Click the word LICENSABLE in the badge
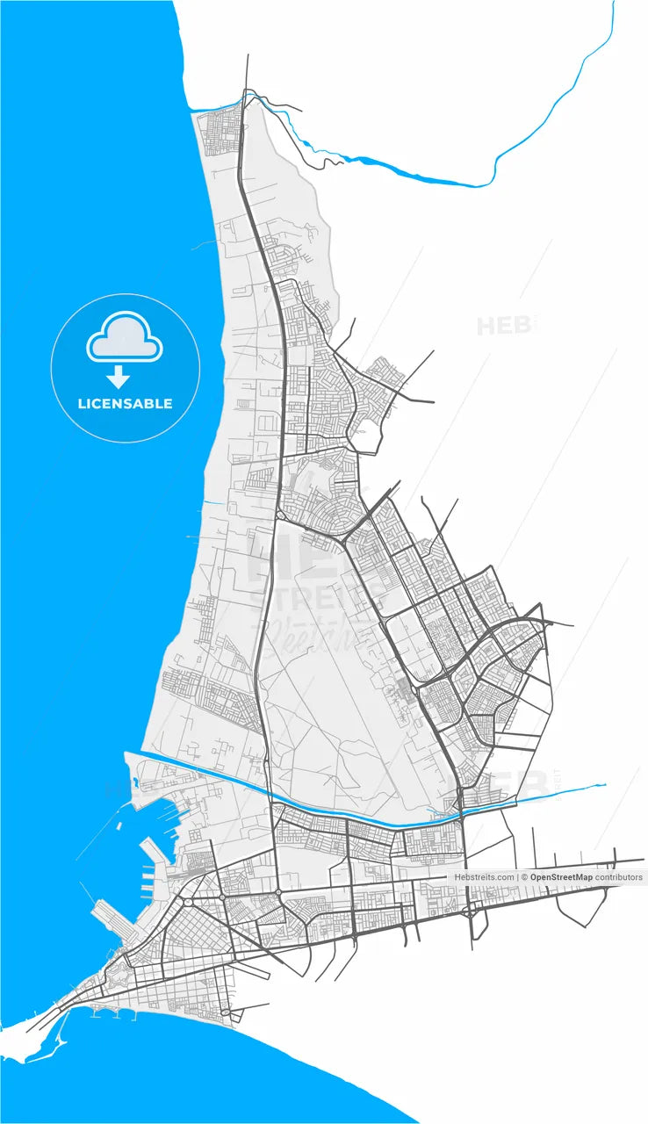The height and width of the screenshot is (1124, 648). pyautogui.click(x=125, y=404)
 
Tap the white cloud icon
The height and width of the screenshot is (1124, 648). pyautogui.click(x=125, y=338)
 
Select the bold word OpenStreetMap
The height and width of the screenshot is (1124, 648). pyautogui.click(x=561, y=877)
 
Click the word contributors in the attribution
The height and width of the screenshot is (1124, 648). pyautogui.click(x=619, y=877)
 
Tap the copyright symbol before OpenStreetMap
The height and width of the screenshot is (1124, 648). pyautogui.click(x=524, y=877)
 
